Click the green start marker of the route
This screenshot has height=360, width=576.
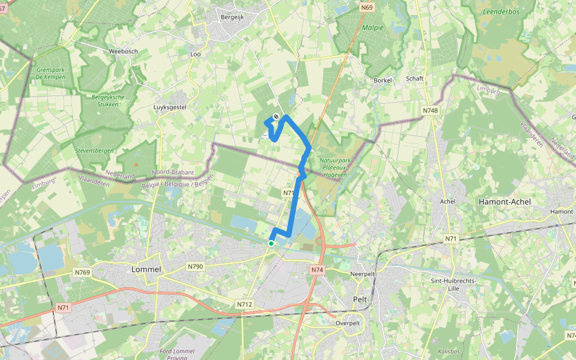pos(271,243)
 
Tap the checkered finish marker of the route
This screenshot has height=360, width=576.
pos(276,116)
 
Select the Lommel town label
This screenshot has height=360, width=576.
pos(146,269)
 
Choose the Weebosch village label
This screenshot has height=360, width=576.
pos(123,51)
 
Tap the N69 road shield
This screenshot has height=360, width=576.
pos(367,8)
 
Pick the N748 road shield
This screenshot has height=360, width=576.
pos(430,110)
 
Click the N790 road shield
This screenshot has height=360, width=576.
pos(195,266)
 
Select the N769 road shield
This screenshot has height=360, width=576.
pos(82,272)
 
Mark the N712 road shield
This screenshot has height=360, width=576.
pos(244,304)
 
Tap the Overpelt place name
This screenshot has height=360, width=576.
pos(347,323)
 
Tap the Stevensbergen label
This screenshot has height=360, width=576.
pos(95,151)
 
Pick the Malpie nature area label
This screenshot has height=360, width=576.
pos(373,27)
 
